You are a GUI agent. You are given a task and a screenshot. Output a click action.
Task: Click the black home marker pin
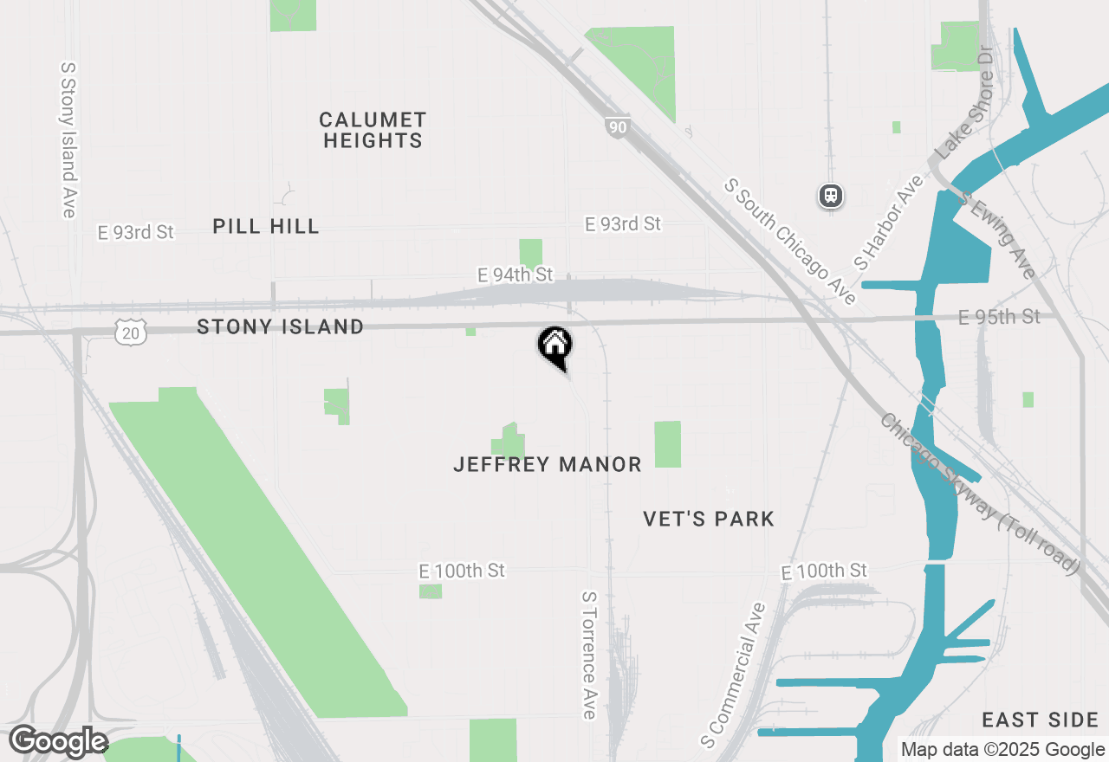[x=555, y=346]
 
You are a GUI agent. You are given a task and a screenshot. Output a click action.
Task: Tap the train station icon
[x=831, y=196]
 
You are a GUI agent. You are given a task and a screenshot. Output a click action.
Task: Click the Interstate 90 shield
[x=617, y=127]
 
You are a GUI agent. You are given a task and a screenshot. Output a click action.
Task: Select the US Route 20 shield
[x=130, y=330]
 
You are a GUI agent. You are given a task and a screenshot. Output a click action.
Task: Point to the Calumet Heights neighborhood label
[x=373, y=130]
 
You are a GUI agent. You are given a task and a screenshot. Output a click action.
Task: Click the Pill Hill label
[x=266, y=227]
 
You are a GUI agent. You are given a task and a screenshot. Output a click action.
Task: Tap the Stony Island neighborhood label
[x=280, y=326]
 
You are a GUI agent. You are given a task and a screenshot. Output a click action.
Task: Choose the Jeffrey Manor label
[x=548, y=465]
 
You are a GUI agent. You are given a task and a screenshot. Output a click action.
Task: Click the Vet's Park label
[x=709, y=519]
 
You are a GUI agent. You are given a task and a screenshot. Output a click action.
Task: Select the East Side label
[x=1041, y=720]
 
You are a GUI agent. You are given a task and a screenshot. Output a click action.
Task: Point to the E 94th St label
[x=515, y=274]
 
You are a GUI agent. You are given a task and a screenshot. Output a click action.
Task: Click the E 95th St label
[x=999, y=318]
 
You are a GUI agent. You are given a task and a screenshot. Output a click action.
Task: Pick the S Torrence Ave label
[x=589, y=655]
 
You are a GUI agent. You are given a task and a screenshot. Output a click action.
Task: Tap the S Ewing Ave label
[x=998, y=235]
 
